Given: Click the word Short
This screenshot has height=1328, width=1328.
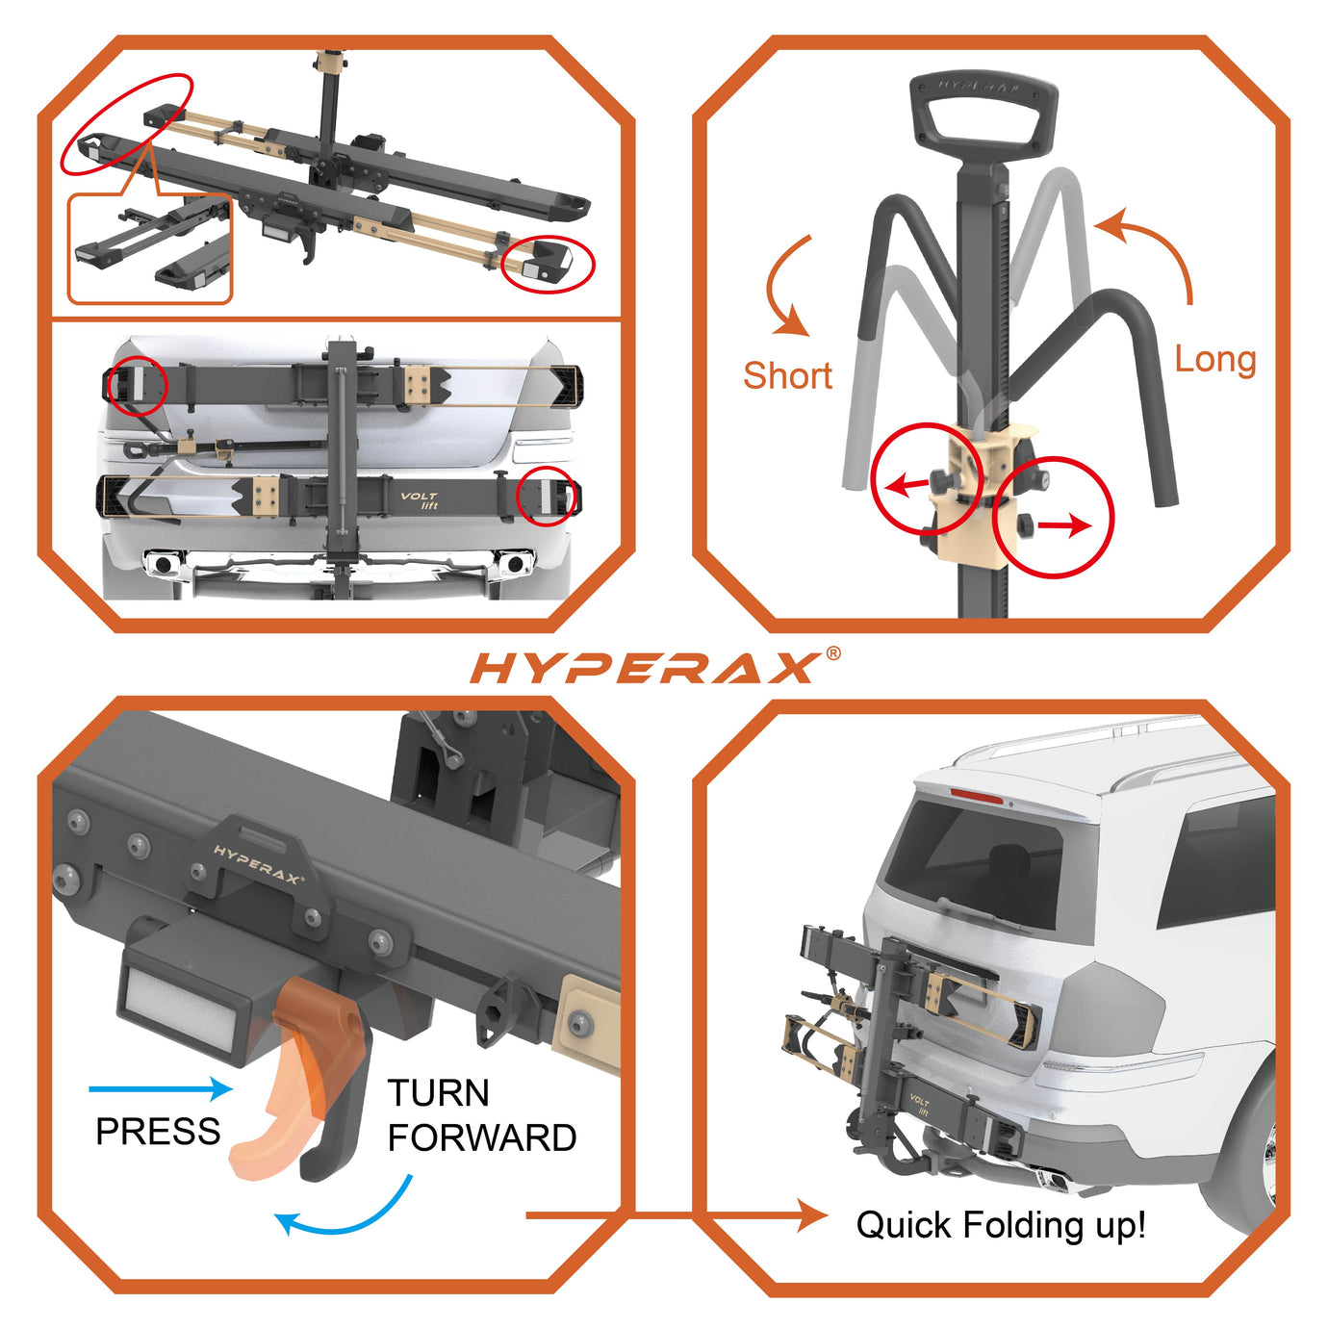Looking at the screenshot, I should pos(787,375).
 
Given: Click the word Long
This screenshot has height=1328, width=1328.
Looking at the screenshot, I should pos(1215,359).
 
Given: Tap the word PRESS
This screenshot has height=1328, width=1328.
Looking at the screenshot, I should pos(158,1132).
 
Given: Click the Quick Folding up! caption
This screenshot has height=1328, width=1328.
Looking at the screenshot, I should pos(1001,1225).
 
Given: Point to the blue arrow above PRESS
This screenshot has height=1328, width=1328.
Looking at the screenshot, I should pos(160,1089).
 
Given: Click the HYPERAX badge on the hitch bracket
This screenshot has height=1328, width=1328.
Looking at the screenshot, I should pos(258,864).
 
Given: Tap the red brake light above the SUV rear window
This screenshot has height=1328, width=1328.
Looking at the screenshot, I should pos(977,796).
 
